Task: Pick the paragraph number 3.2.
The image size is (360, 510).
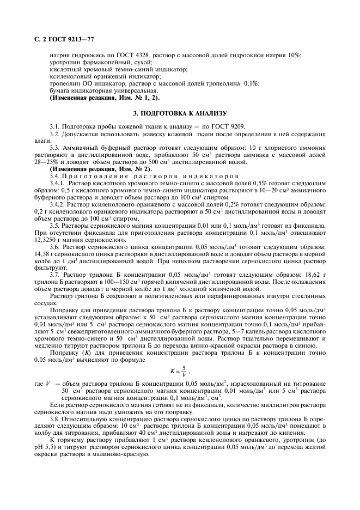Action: pyautogui.click(x=55, y=133)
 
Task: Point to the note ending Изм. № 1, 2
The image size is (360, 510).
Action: pyautogui.click(x=104, y=98)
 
